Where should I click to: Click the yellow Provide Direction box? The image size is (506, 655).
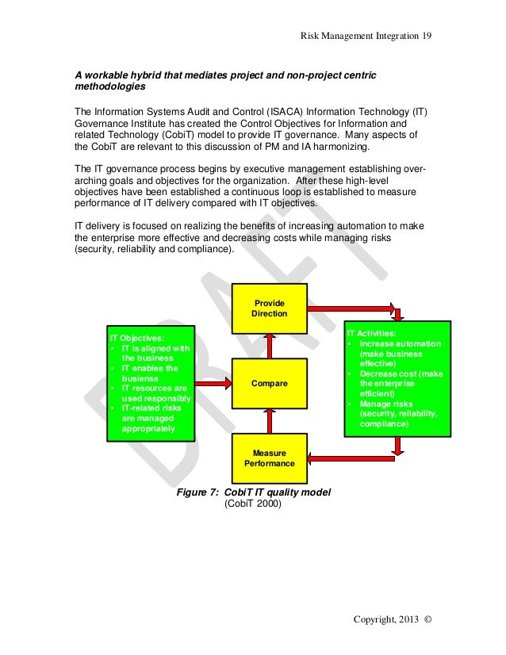pos(269,308)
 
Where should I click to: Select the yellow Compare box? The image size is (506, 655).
pos(269,383)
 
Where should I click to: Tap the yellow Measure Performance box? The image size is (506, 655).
pos(269,458)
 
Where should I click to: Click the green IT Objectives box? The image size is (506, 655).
pos(151,382)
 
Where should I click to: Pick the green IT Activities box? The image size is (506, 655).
pos(397,378)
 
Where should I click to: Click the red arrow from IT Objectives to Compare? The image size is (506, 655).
pos(213,383)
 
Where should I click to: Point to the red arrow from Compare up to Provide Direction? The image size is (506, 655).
pos(269,346)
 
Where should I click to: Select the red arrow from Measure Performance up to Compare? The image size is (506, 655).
pos(269,420)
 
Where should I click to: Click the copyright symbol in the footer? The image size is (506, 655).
pos(429,619)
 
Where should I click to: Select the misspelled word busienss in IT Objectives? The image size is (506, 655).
pos(139,378)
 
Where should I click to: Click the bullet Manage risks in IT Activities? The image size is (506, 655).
pos(387,404)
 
